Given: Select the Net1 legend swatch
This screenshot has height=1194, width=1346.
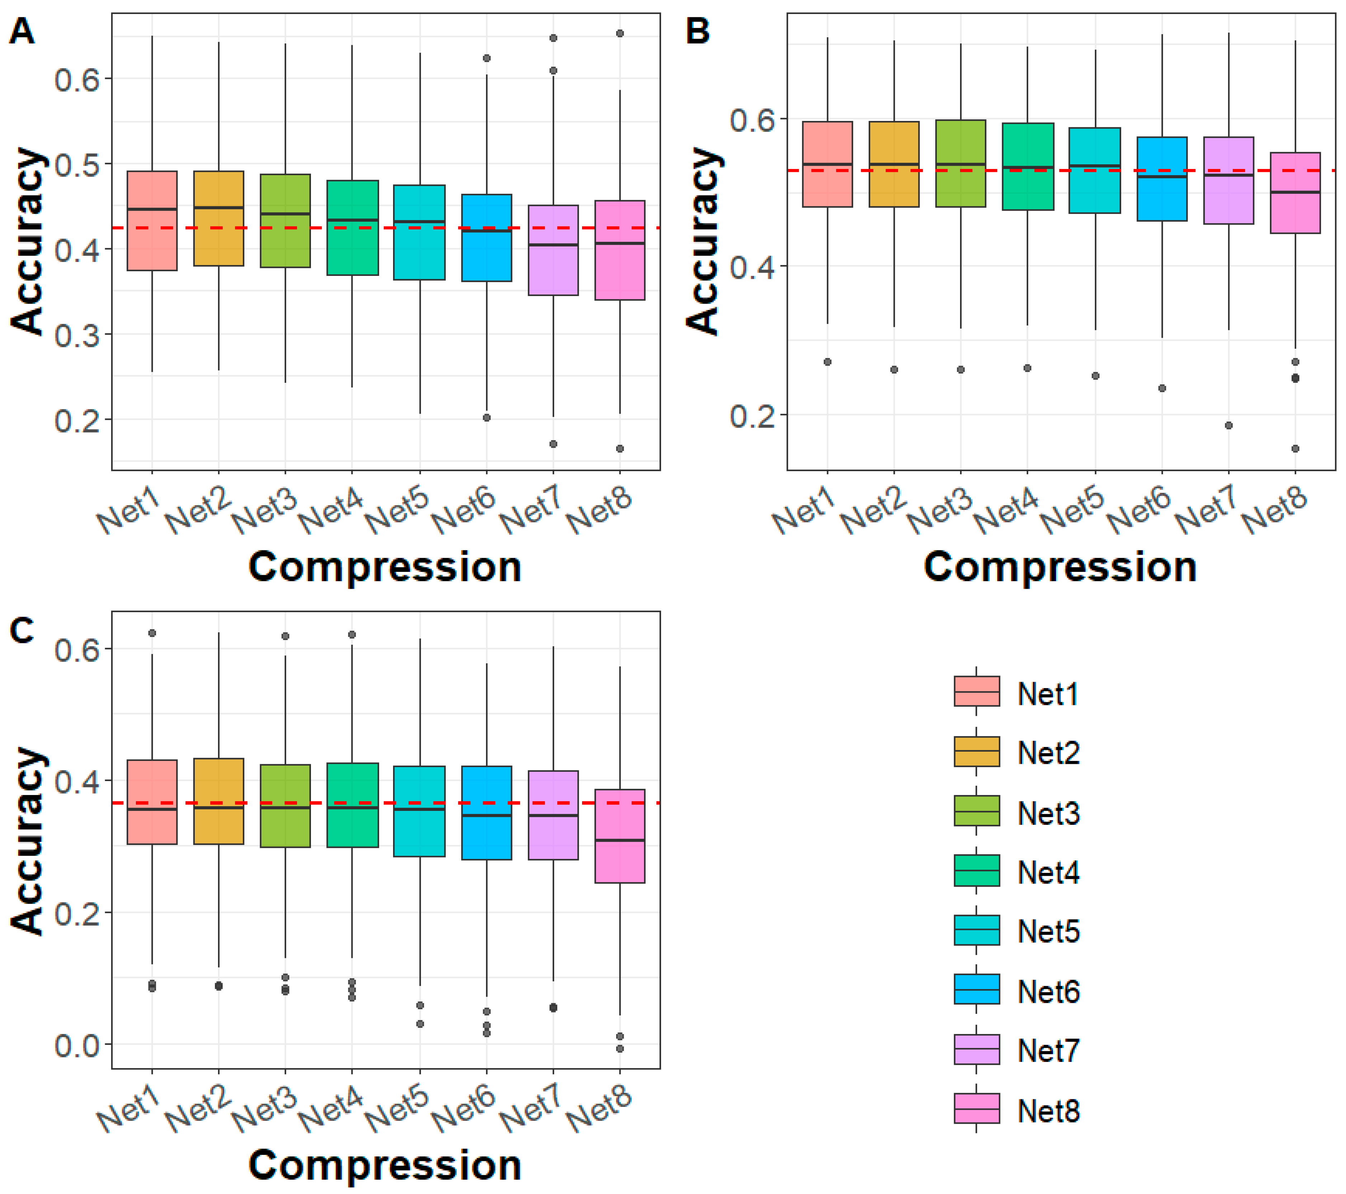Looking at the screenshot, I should [x=977, y=691].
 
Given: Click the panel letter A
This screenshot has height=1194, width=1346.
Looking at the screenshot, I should [x=22, y=31].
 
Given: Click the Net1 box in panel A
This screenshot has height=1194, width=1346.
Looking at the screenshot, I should [x=152, y=221].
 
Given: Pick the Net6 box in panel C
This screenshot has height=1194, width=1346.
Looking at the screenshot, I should [x=487, y=813].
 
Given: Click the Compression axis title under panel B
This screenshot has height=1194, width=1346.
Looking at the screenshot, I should [x=1060, y=567].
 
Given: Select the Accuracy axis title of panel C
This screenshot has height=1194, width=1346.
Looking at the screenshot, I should [x=28, y=841].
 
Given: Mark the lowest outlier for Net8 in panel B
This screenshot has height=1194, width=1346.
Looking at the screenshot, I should [x=1295, y=448].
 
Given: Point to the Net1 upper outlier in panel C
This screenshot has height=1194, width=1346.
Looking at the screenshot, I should [x=152, y=633].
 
